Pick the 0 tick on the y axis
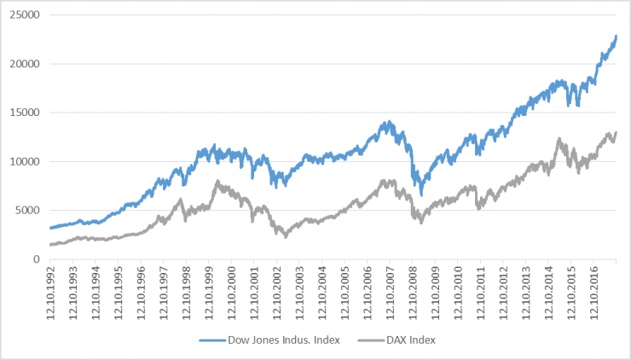click(37, 259)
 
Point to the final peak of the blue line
click(616, 37)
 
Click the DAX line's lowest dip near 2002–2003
click(287, 236)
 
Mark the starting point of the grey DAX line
click(50, 245)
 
